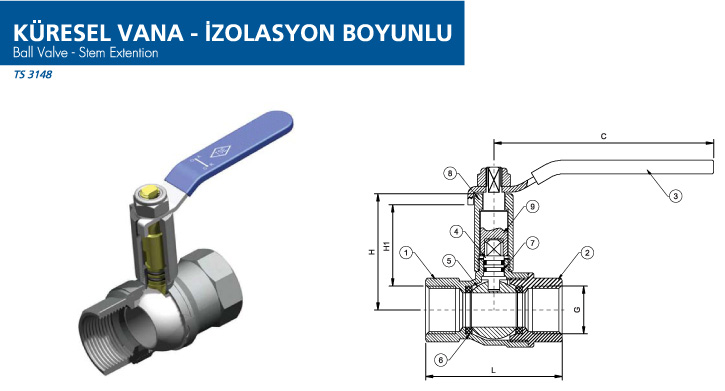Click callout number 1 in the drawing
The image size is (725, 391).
tap(406, 253)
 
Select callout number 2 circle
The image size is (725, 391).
tap(587, 253)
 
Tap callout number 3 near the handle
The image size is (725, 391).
tap(676, 196)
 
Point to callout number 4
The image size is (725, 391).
tap(457, 231)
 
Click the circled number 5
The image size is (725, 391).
tap(449, 261)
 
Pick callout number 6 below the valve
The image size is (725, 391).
tap(441, 360)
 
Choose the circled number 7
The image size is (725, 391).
tap(532, 243)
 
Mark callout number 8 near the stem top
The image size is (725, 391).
tap(450, 174)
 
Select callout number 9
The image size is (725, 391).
tap(532, 206)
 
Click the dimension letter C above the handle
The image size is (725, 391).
tap(603, 136)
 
